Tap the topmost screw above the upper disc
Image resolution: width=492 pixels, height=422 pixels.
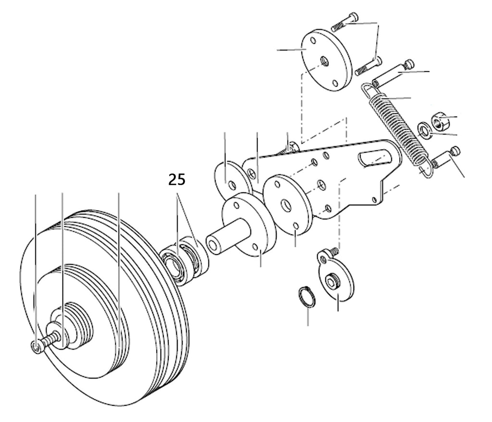coord(344,23)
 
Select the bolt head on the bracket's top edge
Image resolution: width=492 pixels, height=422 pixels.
coord(291,146)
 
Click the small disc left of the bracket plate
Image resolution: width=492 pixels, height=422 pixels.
coord(231,180)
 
